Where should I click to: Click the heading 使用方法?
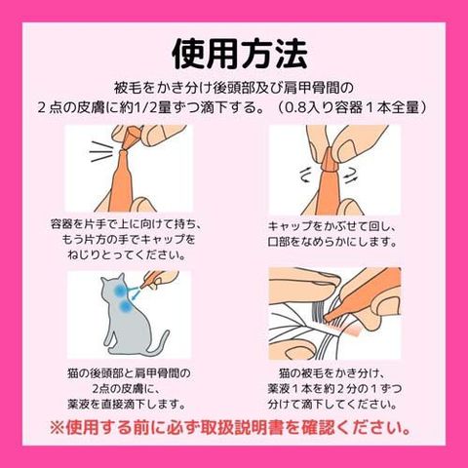[240, 54]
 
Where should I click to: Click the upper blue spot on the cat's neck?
[121, 291]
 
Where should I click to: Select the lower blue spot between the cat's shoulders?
[125, 305]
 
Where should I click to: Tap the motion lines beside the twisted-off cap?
[100, 151]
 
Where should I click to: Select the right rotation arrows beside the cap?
[351, 175]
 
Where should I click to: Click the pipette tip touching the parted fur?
[330, 316]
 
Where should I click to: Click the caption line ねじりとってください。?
[127, 254]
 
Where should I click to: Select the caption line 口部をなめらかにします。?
[332, 242]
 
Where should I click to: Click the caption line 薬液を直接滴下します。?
[127, 404]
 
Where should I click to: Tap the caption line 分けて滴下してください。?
[332, 404]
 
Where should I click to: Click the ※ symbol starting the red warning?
[58, 428]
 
